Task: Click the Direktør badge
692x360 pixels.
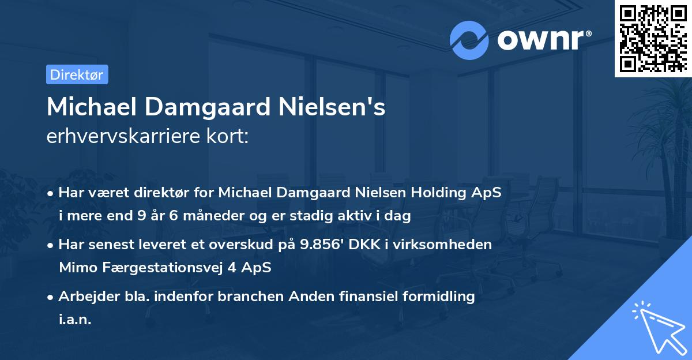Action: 77,74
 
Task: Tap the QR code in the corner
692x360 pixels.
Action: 653,38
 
